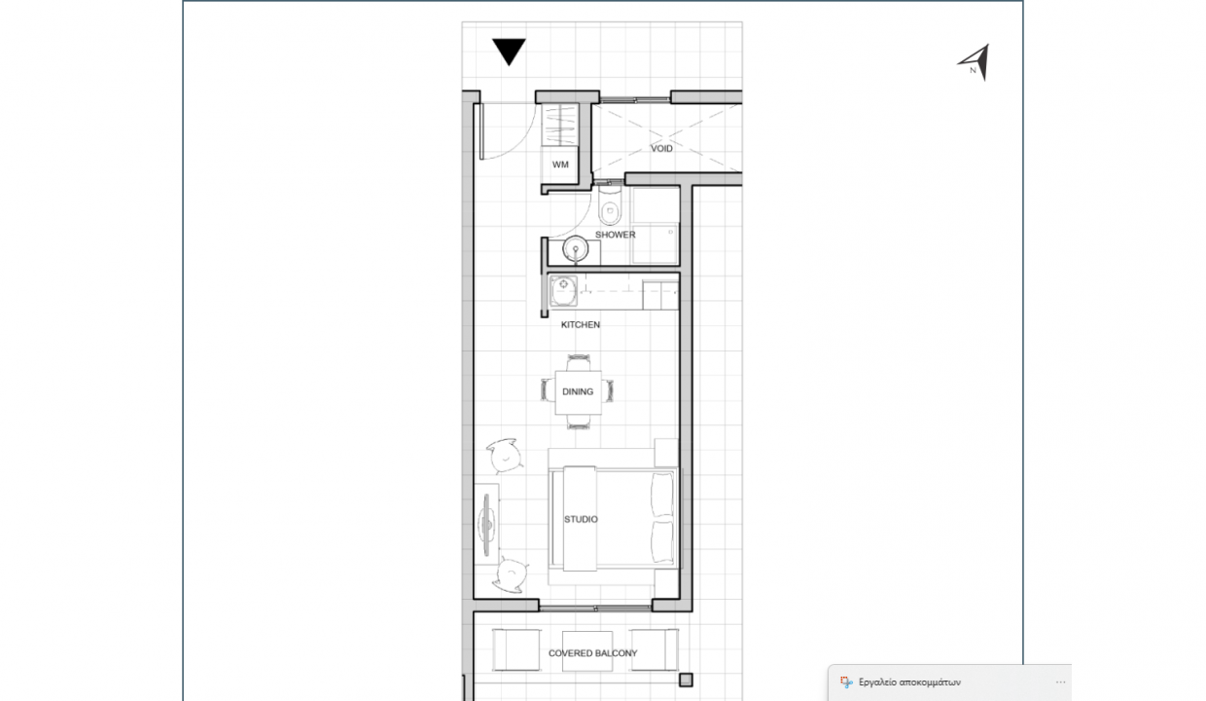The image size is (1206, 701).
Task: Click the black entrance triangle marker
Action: pos(509,52)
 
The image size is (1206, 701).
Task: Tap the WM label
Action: pos(560,165)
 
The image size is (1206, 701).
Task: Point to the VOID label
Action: pos(661,148)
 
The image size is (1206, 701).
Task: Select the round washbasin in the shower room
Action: pos(576,249)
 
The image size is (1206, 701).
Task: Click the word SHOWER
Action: pos(615,235)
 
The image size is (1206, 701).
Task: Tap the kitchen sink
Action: pos(563,291)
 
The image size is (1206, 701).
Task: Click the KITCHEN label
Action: pos(581,324)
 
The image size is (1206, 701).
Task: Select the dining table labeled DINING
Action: pos(578,391)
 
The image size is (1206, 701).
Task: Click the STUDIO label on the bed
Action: pos(581,519)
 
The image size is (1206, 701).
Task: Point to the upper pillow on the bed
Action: pos(661,494)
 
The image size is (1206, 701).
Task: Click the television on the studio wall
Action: pos(487,524)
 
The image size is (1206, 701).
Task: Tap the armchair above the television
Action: pos(505,456)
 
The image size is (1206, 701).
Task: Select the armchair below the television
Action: pos(511,574)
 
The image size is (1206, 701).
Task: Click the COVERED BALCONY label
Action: pos(592,653)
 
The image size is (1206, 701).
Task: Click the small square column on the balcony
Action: pos(686,680)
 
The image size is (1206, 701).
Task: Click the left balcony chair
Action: pos(515,649)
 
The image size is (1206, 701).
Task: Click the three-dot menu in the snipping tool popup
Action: pos(1060,683)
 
